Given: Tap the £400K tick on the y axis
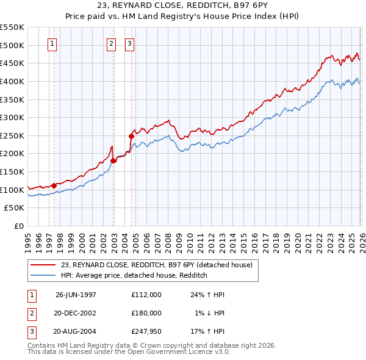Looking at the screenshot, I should pos(12,81).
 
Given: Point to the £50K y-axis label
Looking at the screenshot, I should pos(15,208).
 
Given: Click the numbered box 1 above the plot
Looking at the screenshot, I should pos(52,43).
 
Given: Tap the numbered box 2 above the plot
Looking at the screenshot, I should pos(112,43).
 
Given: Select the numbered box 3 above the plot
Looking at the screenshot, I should pos(130,43).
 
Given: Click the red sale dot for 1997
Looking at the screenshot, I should pos(54,185).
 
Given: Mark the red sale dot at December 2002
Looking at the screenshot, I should pos(113,160).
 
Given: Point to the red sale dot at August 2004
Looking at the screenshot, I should pos(132,136).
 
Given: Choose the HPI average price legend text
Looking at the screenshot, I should pos(134,275).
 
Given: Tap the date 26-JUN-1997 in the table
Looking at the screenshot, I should pos(76,294).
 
